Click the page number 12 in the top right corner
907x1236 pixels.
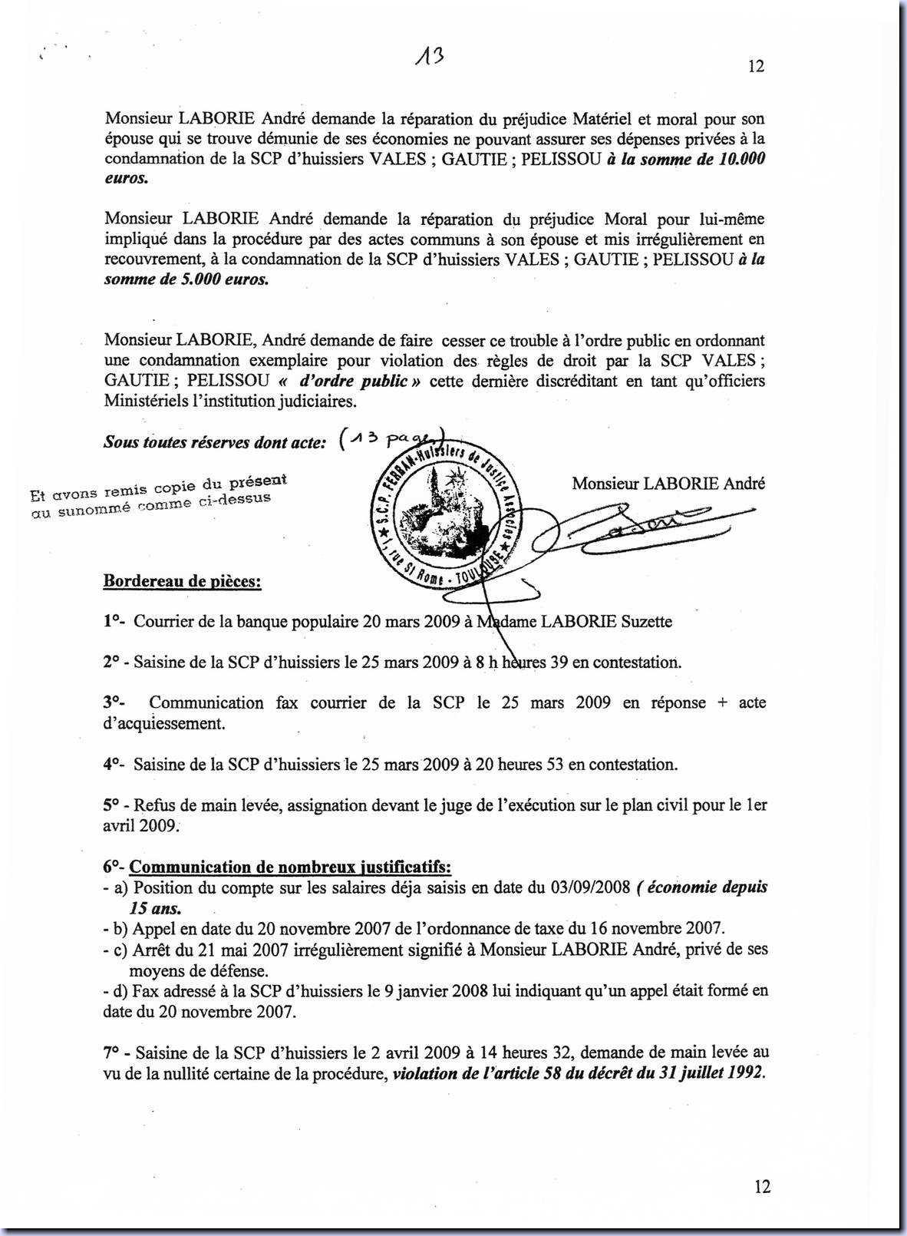(x=756, y=67)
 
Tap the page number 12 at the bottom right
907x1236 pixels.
(x=762, y=1187)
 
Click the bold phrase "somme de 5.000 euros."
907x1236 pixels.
(x=186, y=279)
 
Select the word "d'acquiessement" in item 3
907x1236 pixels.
(x=163, y=723)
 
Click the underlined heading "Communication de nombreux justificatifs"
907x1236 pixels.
(x=290, y=868)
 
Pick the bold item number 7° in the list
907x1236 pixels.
(x=111, y=1052)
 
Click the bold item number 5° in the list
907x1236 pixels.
(x=111, y=805)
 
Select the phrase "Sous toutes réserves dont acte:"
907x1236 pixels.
(x=215, y=442)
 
